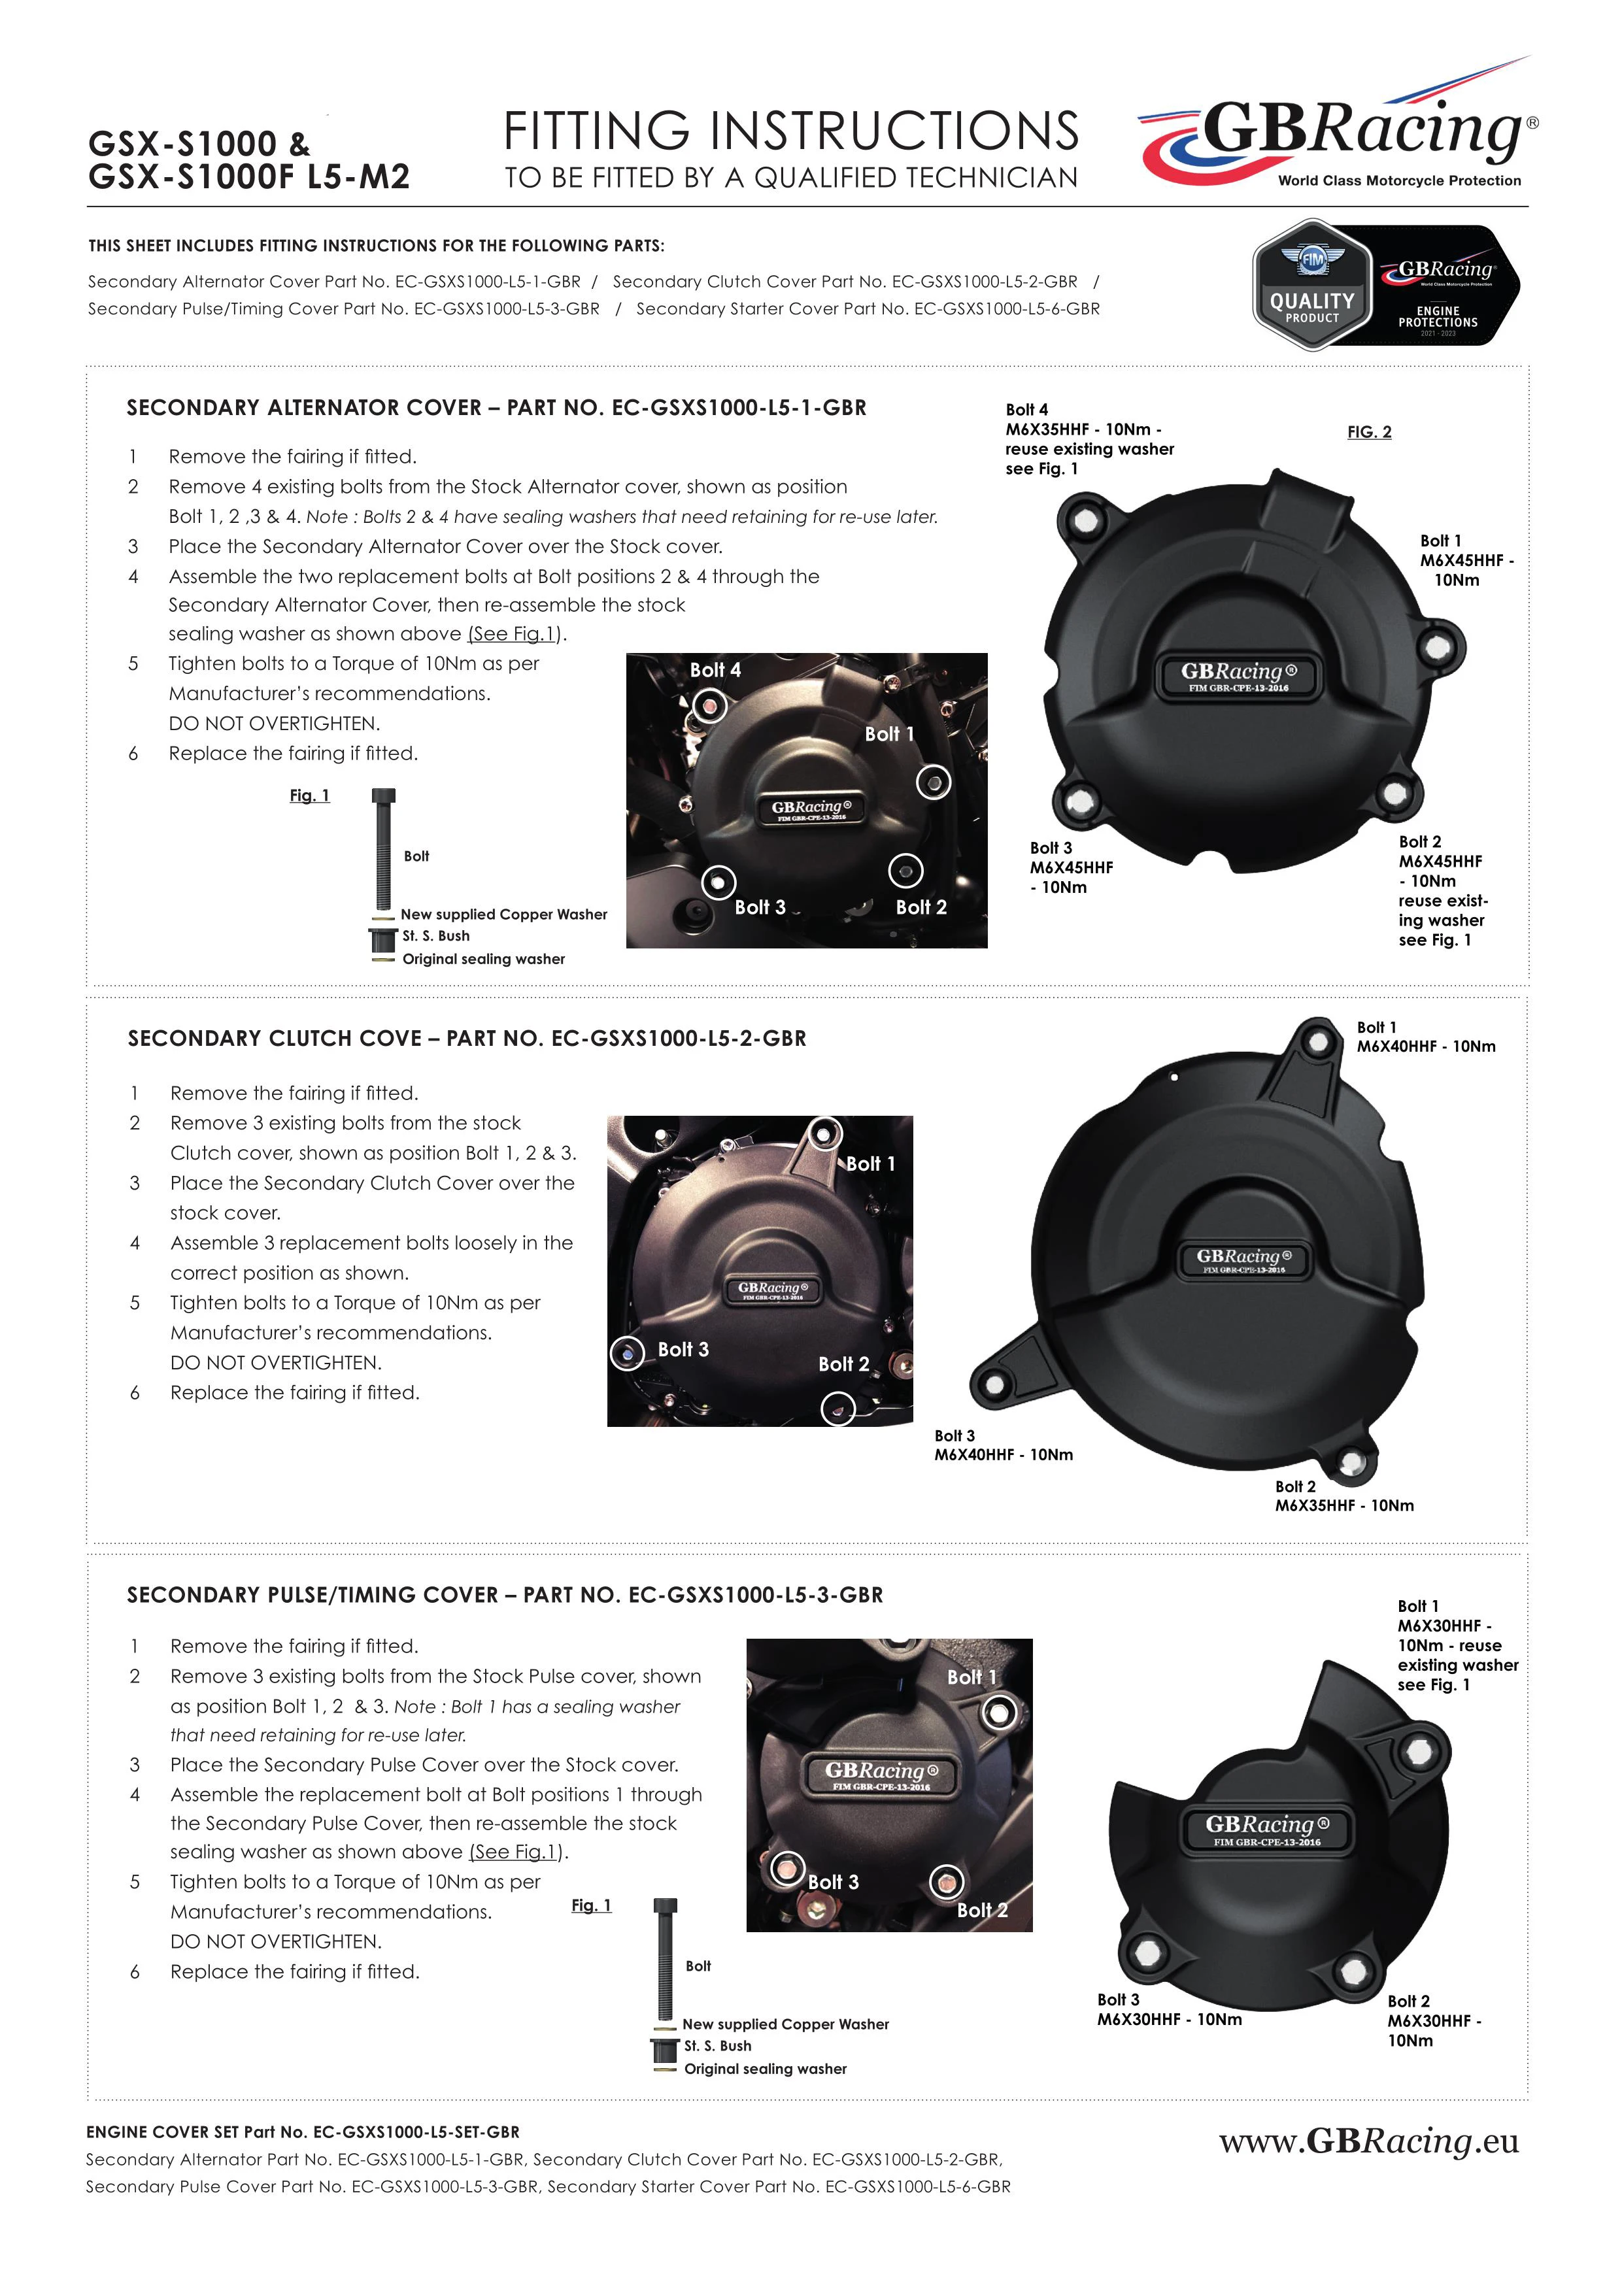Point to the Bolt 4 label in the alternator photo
tap(715, 670)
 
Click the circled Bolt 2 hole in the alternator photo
tap(905, 871)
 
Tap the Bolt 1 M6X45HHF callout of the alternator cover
tap(1465, 560)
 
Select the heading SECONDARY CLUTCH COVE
tap(275, 1039)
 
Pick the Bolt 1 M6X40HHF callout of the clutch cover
tap(1425, 1037)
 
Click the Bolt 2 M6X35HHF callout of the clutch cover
tap(1343, 1496)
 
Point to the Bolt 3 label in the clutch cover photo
tap(683, 1349)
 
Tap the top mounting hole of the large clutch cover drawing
tap(1319, 1042)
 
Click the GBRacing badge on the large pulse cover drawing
tap(1266, 1830)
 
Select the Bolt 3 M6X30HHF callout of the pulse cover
tap(1168, 2009)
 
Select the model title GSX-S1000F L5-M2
tap(248, 176)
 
